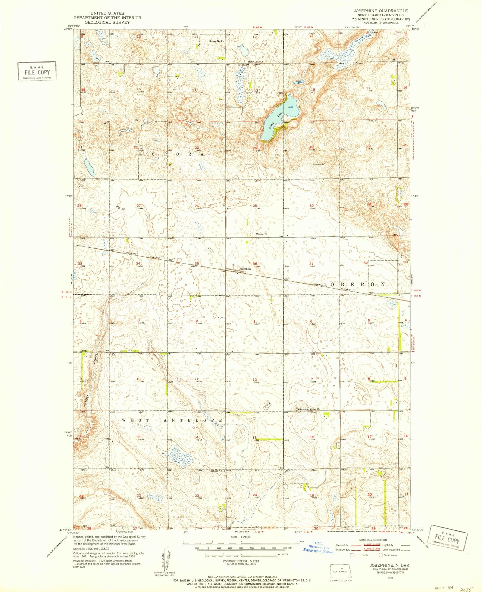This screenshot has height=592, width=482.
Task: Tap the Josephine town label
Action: tap(245, 268)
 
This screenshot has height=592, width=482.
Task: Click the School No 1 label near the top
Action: tap(216, 41)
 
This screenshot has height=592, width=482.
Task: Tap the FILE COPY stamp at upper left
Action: tap(37, 71)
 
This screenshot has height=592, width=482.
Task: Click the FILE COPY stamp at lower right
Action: tap(449, 541)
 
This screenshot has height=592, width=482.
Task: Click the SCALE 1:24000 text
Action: tap(241, 537)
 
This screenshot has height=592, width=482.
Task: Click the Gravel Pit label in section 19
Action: tap(319, 165)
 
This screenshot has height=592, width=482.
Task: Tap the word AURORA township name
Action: tap(172, 154)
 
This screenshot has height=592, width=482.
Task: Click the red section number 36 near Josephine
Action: tap(255, 264)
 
